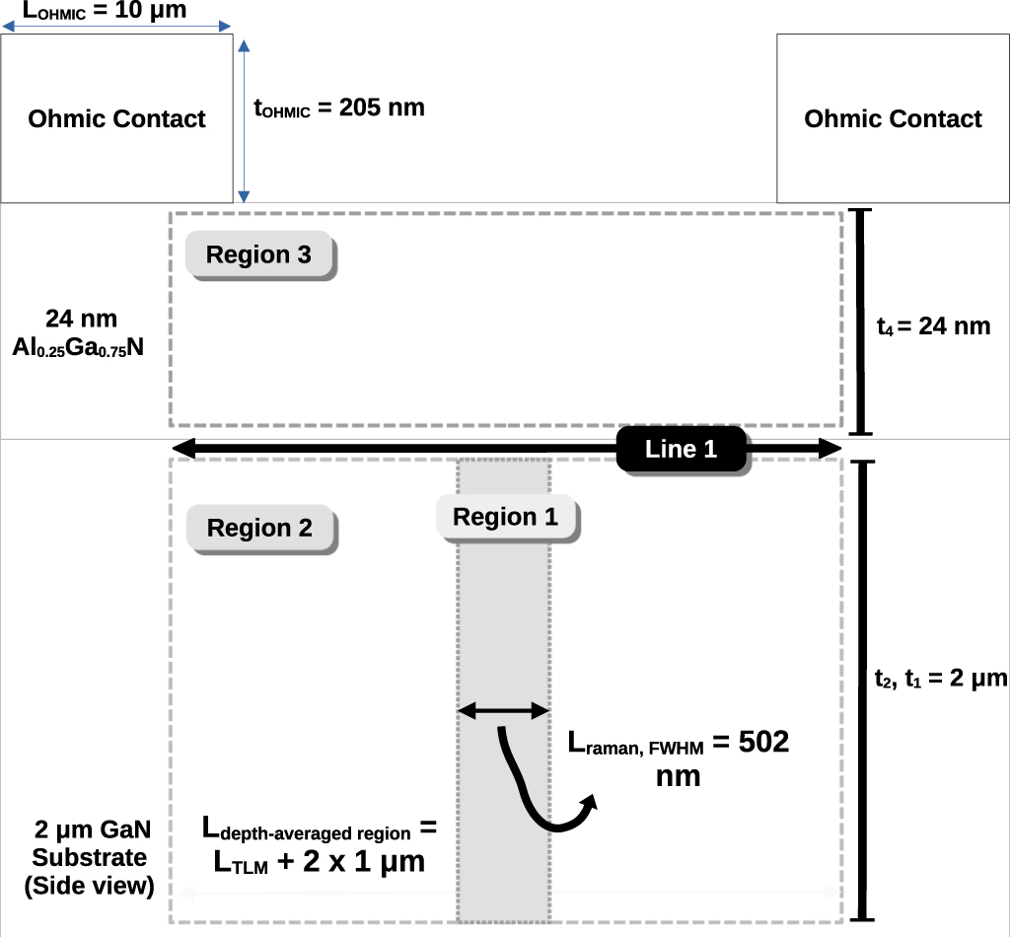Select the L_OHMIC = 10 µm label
104,11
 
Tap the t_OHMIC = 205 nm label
339,108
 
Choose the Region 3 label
259,255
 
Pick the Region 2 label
260,529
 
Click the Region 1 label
505,518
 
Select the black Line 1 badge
682,450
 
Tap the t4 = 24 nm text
933,325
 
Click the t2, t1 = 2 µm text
940,679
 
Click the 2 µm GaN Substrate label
90,857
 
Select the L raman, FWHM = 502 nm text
679,757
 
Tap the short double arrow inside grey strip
503,709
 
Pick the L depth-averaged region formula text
319,844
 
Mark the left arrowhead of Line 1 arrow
182,450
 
